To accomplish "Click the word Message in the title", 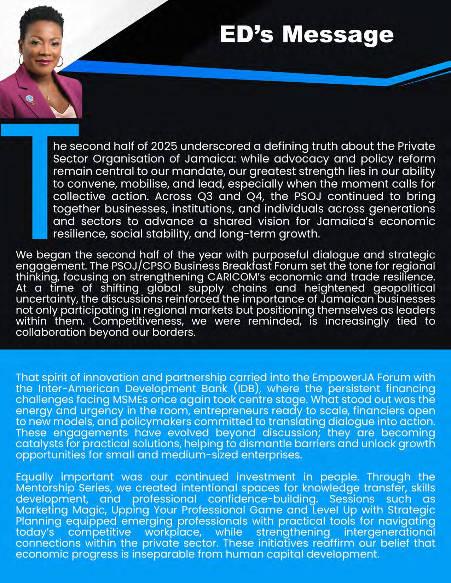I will [337, 35].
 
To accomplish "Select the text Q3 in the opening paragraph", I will [204, 196].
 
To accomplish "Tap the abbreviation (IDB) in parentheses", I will [246, 388].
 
